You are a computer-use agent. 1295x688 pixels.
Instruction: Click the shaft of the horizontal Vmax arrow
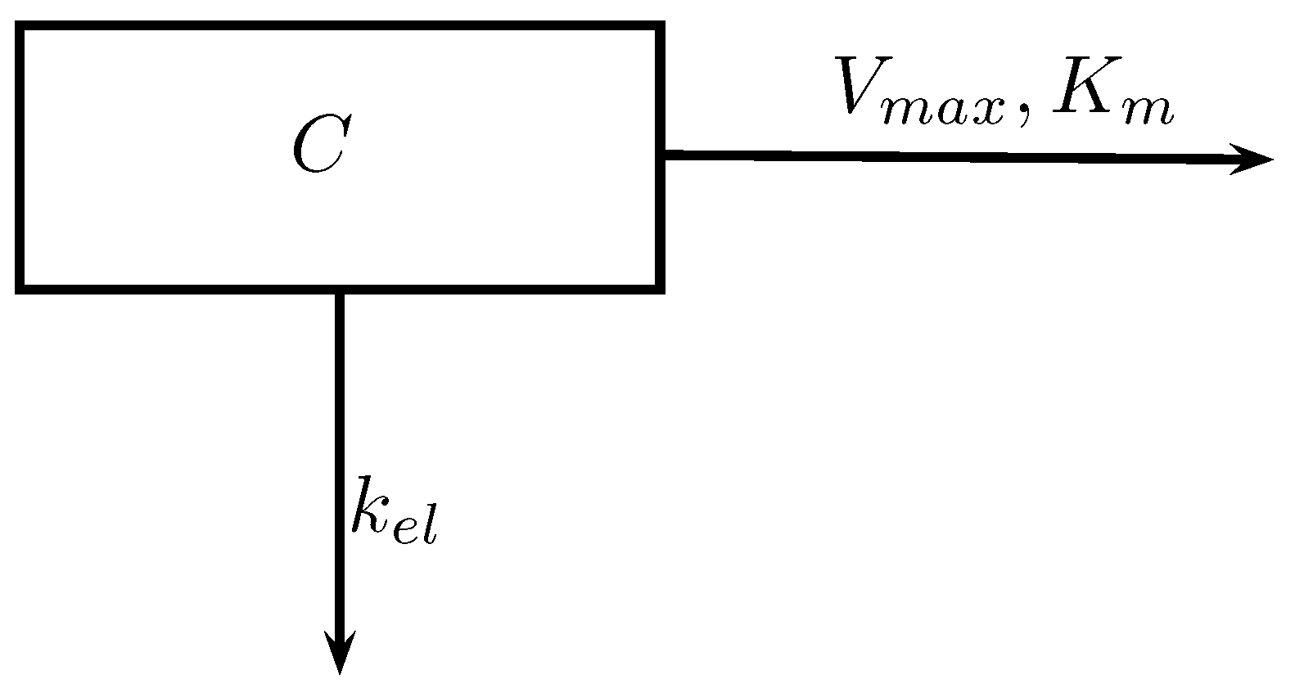[941, 156]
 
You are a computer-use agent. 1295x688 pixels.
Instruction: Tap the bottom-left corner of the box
[20, 287]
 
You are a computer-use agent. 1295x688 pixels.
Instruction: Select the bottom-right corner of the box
[659, 287]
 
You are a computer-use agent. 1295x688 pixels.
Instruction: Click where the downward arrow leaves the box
[339, 292]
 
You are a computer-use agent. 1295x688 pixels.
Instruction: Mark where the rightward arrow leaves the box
[664, 154]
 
